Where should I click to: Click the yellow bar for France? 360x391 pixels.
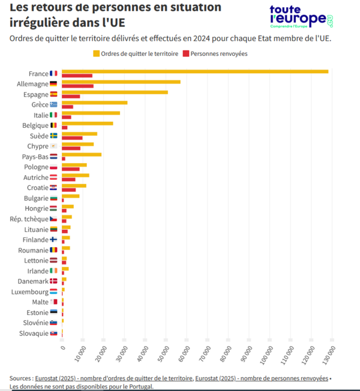click(x=195, y=71)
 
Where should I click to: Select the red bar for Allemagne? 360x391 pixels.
click(x=77, y=86)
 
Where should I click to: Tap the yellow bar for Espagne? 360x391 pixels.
click(x=115, y=92)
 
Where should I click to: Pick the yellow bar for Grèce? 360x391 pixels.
click(x=94, y=103)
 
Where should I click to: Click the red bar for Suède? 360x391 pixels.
click(x=72, y=138)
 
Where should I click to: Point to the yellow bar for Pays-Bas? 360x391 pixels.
click(x=82, y=154)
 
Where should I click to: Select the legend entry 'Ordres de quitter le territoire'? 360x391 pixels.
click(x=139, y=53)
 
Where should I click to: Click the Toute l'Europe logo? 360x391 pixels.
click(x=301, y=17)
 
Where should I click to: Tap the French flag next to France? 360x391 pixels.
click(x=54, y=73)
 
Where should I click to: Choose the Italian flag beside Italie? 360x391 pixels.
click(x=54, y=115)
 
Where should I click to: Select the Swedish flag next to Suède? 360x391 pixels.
click(x=54, y=136)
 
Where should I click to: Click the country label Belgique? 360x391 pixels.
click(x=34, y=125)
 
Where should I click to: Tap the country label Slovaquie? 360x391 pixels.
click(x=33, y=333)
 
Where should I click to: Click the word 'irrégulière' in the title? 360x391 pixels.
click(x=35, y=23)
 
